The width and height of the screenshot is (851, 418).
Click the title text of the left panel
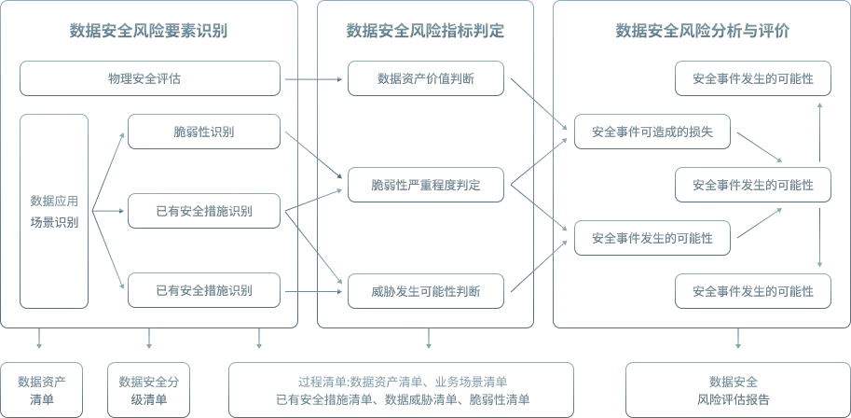[148, 35]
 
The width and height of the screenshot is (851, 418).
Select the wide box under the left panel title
[150, 77]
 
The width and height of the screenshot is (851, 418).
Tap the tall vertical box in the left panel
[54, 212]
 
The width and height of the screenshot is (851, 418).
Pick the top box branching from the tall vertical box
[205, 131]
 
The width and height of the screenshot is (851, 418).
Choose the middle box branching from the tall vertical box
[205, 209]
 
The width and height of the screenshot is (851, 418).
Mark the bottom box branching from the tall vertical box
[205, 290]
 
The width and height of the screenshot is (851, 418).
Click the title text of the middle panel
[426, 35]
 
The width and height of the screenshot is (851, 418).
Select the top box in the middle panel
[426, 78]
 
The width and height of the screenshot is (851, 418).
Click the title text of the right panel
[700, 35]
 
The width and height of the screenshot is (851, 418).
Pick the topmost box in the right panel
[750, 78]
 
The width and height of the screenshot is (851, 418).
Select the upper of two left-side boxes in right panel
[650, 132]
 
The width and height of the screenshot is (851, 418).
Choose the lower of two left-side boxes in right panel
[650, 239]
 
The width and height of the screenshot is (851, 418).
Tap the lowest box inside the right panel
[750, 291]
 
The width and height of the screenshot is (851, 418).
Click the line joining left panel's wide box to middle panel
[314, 77]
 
